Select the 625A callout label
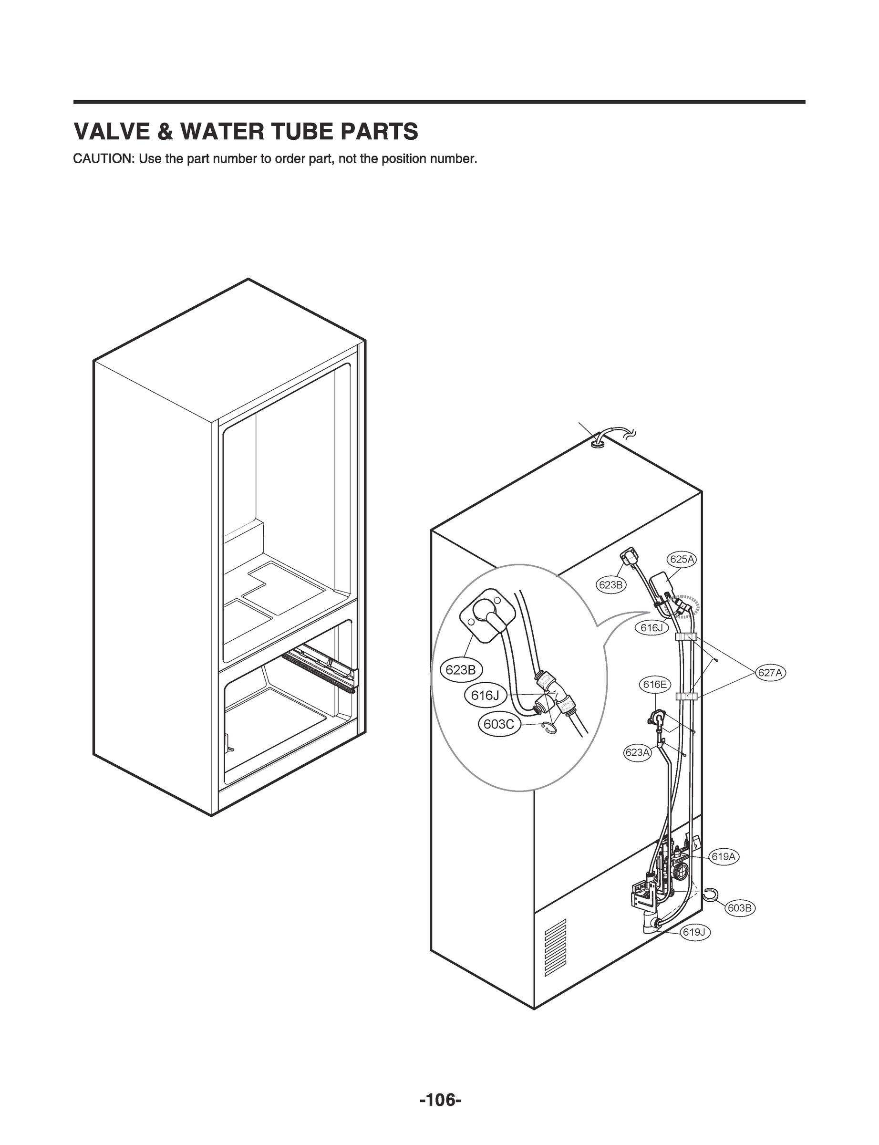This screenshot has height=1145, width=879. coord(682,559)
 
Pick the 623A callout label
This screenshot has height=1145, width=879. coord(637,753)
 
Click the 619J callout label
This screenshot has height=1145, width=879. coord(695,932)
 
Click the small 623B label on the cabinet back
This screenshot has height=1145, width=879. coord(610,585)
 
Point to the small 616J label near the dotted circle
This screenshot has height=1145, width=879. coord(651,628)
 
